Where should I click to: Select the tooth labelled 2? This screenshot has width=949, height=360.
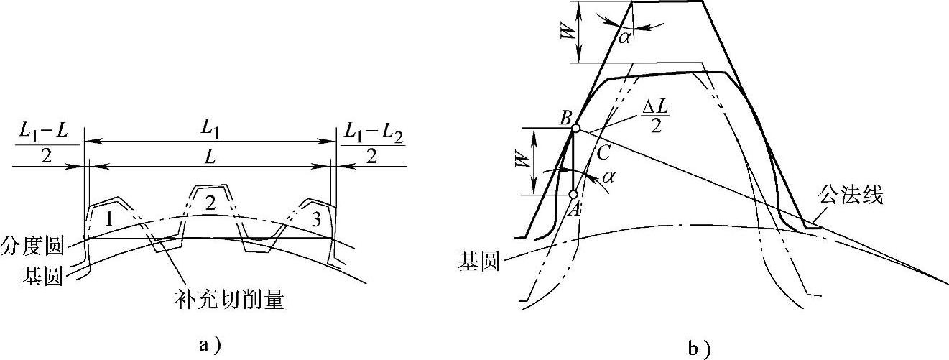(210, 203)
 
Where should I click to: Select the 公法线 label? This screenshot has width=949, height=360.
(849, 193)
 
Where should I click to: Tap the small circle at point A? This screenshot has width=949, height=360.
(573, 195)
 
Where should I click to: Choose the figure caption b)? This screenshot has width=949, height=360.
(699, 349)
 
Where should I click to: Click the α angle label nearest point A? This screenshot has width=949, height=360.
(609, 176)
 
